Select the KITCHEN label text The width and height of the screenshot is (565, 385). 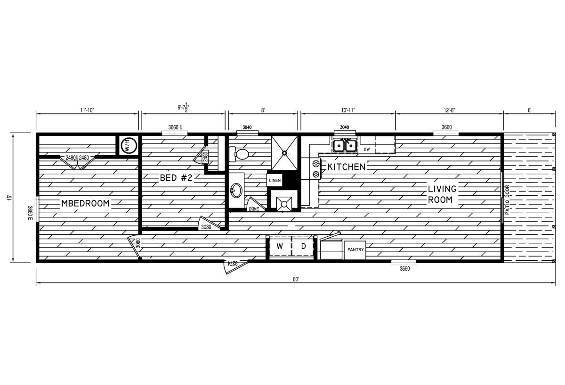click(x=347, y=167)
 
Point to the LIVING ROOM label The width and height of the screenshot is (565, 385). click(x=442, y=194)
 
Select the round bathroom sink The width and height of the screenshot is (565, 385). click(x=235, y=191)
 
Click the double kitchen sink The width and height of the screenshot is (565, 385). click(x=344, y=146)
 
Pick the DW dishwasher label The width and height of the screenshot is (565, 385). click(x=367, y=149)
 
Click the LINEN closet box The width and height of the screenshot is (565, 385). click(x=274, y=180)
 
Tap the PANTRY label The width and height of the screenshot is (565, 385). click(x=355, y=249)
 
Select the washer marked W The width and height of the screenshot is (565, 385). click(x=279, y=246)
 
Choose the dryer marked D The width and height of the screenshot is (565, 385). click(x=304, y=246)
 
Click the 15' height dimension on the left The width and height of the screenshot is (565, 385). click(x=9, y=198)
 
